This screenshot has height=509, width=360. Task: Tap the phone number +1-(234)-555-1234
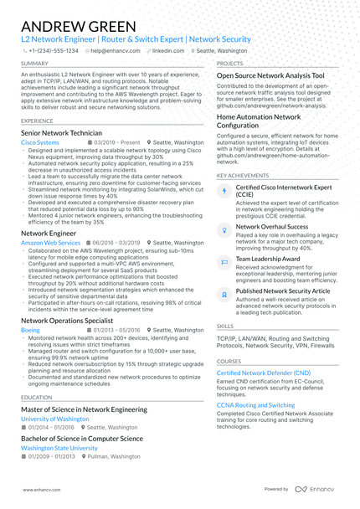click(x=53, y=50)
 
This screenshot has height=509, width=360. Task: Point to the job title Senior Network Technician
click(x=62, y=133)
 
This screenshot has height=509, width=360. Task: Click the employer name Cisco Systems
click(x=40, y=143)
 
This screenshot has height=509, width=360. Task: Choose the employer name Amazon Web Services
click(x=50, y=242)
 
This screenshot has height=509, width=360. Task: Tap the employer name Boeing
click(x=30, y=331)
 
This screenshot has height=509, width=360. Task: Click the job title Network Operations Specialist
click(x=66, y=321)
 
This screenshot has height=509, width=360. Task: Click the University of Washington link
click(x=54, y=418)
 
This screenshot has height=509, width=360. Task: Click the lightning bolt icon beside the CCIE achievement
click(x=223, y=191)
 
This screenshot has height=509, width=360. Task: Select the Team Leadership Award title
click(x=268, y=260)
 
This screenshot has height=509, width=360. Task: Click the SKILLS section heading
click(x=225, y=326)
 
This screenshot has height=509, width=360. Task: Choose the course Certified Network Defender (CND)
click(x=264, y=372)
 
